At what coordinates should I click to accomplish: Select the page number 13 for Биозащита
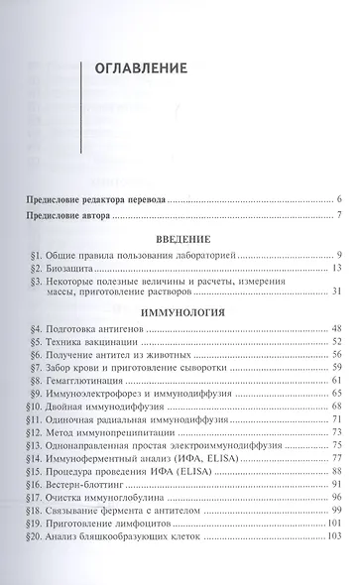[336, 270]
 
